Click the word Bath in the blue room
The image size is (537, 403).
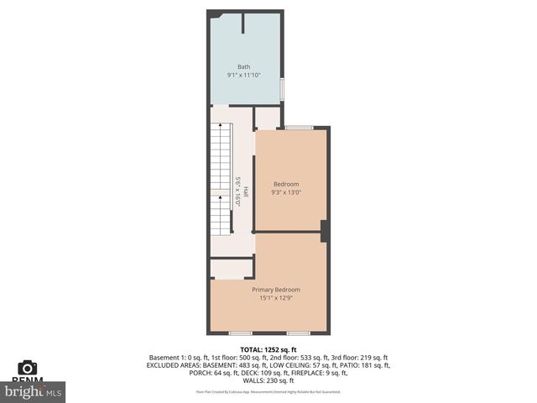[243, 67]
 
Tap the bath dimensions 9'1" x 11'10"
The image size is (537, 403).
[243, 76]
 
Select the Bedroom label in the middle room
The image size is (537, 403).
[285, 184]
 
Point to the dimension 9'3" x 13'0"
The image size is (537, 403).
[285, 192]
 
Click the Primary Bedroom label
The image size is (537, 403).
[276, 290]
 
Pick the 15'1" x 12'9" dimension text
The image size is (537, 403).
[276, 298]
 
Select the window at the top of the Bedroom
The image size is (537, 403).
[299, 128]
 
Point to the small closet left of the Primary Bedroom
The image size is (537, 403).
[232, 269]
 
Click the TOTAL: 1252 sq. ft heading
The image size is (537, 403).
[268, 349]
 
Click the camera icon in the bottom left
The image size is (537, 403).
[27, 368]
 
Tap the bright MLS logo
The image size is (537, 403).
[34, 391]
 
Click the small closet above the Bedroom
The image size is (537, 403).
[267, 117]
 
